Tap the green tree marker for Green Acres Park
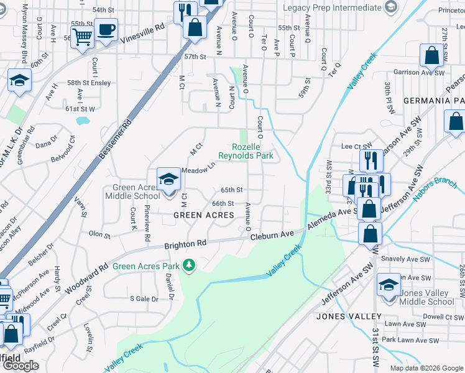tap(190, 267)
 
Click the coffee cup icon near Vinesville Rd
tap(106, 29)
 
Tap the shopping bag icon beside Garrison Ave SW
tap(431, 57)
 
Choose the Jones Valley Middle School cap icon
tap(389, 285)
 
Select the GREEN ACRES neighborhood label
tap(203, 215)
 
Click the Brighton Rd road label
tap(185, 245)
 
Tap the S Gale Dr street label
tap(144, 299)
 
